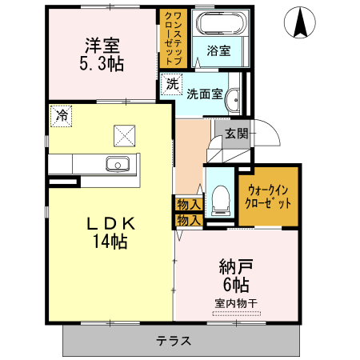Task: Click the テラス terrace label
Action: click(174, 340)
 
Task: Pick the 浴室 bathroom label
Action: click(218, 50)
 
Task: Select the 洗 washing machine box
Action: click(172, 84)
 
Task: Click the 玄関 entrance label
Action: click(235, 133)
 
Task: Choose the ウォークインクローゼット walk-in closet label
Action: click(268, 196)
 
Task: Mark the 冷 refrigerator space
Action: click(61, 116)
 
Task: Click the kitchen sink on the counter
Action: click(118, 165)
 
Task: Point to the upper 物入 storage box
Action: click(188, 205)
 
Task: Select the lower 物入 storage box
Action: click(188, 219)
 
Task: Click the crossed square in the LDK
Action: click(125, 135)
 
